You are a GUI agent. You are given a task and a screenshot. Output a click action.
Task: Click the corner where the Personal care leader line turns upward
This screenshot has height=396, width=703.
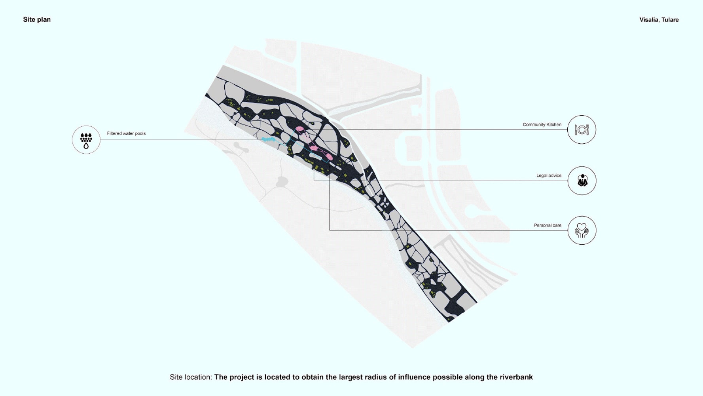pyautogui.click(x=330, y=230)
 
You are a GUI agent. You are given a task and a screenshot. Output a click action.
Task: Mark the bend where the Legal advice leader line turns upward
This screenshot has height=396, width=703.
pyautogui.click(x=314, y=181)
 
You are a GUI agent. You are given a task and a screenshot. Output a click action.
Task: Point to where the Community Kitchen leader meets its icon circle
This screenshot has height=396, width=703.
pyautogui.click(x=567, y=129)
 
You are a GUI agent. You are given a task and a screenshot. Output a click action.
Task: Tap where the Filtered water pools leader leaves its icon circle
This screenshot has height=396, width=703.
pyautogui.click(x=100, y=139)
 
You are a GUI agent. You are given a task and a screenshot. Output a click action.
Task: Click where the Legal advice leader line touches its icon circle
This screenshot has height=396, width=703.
pyautogui.click(x=568, y=181)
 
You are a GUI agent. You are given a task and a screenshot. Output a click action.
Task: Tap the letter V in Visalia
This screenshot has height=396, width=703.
pyautogui.click(x=642, y=20)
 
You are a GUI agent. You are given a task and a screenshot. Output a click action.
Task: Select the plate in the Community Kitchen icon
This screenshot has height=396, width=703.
pyautogui.click(x=582, y=129)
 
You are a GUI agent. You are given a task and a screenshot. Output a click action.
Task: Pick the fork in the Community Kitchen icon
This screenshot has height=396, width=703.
pyautogui.click(x=587, y=129)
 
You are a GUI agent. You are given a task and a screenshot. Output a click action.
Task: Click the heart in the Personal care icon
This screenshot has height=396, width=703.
pyautogui.click(x=582, y=227)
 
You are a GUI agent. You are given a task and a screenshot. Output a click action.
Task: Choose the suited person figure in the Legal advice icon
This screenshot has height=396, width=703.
pyautogui.click(x=582, y=181)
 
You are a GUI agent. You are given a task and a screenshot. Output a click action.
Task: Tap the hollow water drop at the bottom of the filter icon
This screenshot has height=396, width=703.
pyautogui.click(x=86, y=146)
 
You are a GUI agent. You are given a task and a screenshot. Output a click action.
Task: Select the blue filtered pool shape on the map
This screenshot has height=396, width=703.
pyautogui.click(x=268, y=139)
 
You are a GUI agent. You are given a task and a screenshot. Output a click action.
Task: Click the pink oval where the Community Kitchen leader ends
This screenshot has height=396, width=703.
pyautogui.click(x=300, y=129)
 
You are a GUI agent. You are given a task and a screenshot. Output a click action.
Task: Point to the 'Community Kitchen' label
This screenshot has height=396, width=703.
pyautogui.click(x=542, y=125)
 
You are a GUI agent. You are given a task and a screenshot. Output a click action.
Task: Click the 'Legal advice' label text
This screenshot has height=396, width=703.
pyautogui.click(x=549, y=175)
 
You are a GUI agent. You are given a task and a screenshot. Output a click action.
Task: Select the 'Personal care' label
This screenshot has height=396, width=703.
pyautogui.click(x=548, y=225)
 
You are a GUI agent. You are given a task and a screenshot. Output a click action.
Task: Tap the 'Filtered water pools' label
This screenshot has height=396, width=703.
pyautogui.click(x=126, y=133)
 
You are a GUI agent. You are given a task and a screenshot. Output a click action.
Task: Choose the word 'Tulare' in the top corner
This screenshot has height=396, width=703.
pyautogui.click(x=670, y=20)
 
